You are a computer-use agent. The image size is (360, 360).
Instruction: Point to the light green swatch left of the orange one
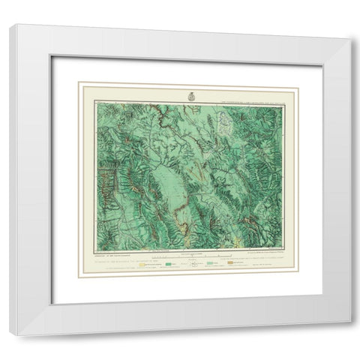[x=202, y=265]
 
